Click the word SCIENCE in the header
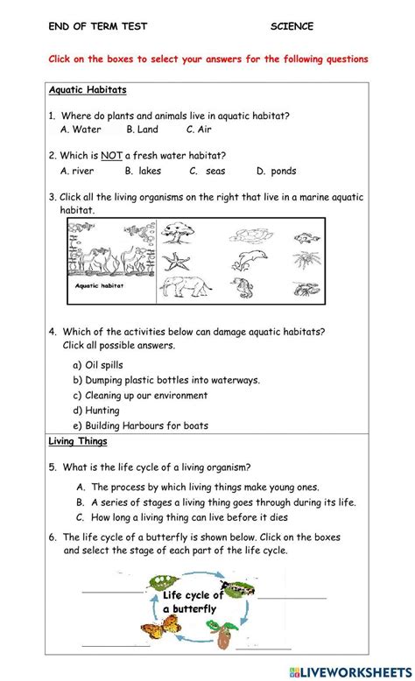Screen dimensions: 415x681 292,26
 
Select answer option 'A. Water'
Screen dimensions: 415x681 81,130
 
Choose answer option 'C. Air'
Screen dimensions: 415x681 199,130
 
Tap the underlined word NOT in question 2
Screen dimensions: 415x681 111,156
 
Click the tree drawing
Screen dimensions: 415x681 182,234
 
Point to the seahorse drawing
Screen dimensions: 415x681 243,288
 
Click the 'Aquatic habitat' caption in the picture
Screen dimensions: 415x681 98,285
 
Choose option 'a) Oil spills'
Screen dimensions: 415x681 98,365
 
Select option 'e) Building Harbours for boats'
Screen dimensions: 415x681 140,426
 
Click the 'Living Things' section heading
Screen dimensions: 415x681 78,442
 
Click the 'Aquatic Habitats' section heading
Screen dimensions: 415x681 88,90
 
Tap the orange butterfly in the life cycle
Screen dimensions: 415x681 158,628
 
